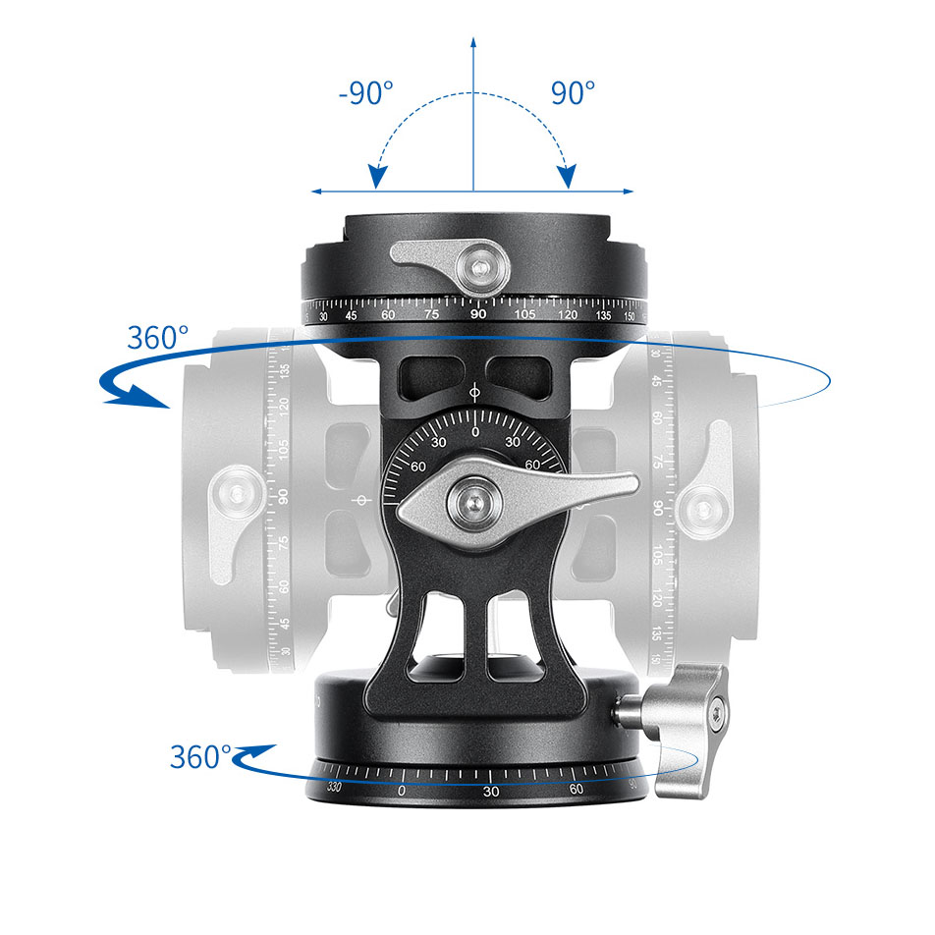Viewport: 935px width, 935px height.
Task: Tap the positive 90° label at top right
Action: click(x=573, y=94)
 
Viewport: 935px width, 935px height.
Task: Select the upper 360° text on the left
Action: click(x=157, y=338)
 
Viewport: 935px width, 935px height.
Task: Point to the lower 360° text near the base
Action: click(x=200, y=757)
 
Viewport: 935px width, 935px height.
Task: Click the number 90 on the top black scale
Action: click(x=478, y=314)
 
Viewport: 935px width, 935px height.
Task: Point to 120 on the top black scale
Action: click(x=568, y=315)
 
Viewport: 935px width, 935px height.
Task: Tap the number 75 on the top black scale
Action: click(x=432, y=314)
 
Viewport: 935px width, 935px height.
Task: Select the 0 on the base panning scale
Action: click(x=401, y=791)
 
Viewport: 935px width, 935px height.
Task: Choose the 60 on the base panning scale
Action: click(x=576, y=789)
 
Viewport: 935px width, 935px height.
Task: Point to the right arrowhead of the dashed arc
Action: click(x=567, y=178)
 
